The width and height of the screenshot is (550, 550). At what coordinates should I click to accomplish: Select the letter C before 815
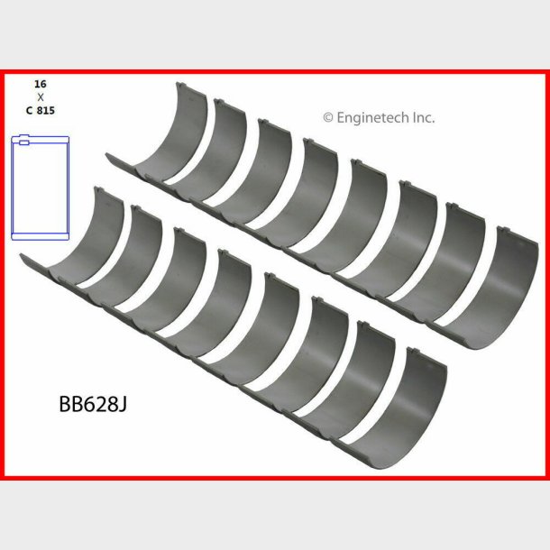point(29,110)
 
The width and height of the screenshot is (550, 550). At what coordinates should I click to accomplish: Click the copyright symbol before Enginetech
point(328,117)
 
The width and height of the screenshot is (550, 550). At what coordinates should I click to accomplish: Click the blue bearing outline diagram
point(41,188)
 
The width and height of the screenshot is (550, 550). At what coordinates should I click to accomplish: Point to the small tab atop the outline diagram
point(24,140)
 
